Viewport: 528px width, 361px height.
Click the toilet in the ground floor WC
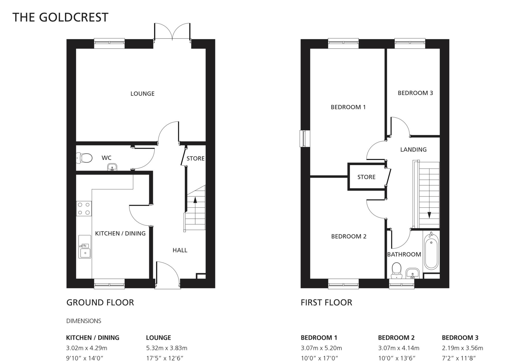coord(85,158)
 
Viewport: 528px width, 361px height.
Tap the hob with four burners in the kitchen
coord(84,209)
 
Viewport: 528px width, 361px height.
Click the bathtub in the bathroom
coord(431,251)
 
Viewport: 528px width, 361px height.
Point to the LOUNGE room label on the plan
coord(142,94)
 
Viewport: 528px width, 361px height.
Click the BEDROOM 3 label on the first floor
coord(415,93)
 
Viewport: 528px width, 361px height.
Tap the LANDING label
coord(413,150)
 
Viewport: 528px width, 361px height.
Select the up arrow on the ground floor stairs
coord(195,200)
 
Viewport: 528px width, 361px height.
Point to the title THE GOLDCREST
coord(60,18)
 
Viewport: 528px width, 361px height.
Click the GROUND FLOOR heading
coord(100,302)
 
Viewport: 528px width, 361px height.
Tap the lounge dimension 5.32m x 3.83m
coord(167,348)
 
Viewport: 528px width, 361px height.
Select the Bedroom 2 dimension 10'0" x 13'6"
coord(397,358)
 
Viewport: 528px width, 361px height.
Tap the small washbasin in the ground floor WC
coord(112,167)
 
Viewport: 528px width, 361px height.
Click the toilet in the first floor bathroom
coord(396,270)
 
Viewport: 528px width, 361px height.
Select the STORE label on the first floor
coord(366,177)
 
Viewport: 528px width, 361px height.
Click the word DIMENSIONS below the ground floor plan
coord(84,321)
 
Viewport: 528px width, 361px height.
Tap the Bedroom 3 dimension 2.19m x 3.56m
coord(462,348)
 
